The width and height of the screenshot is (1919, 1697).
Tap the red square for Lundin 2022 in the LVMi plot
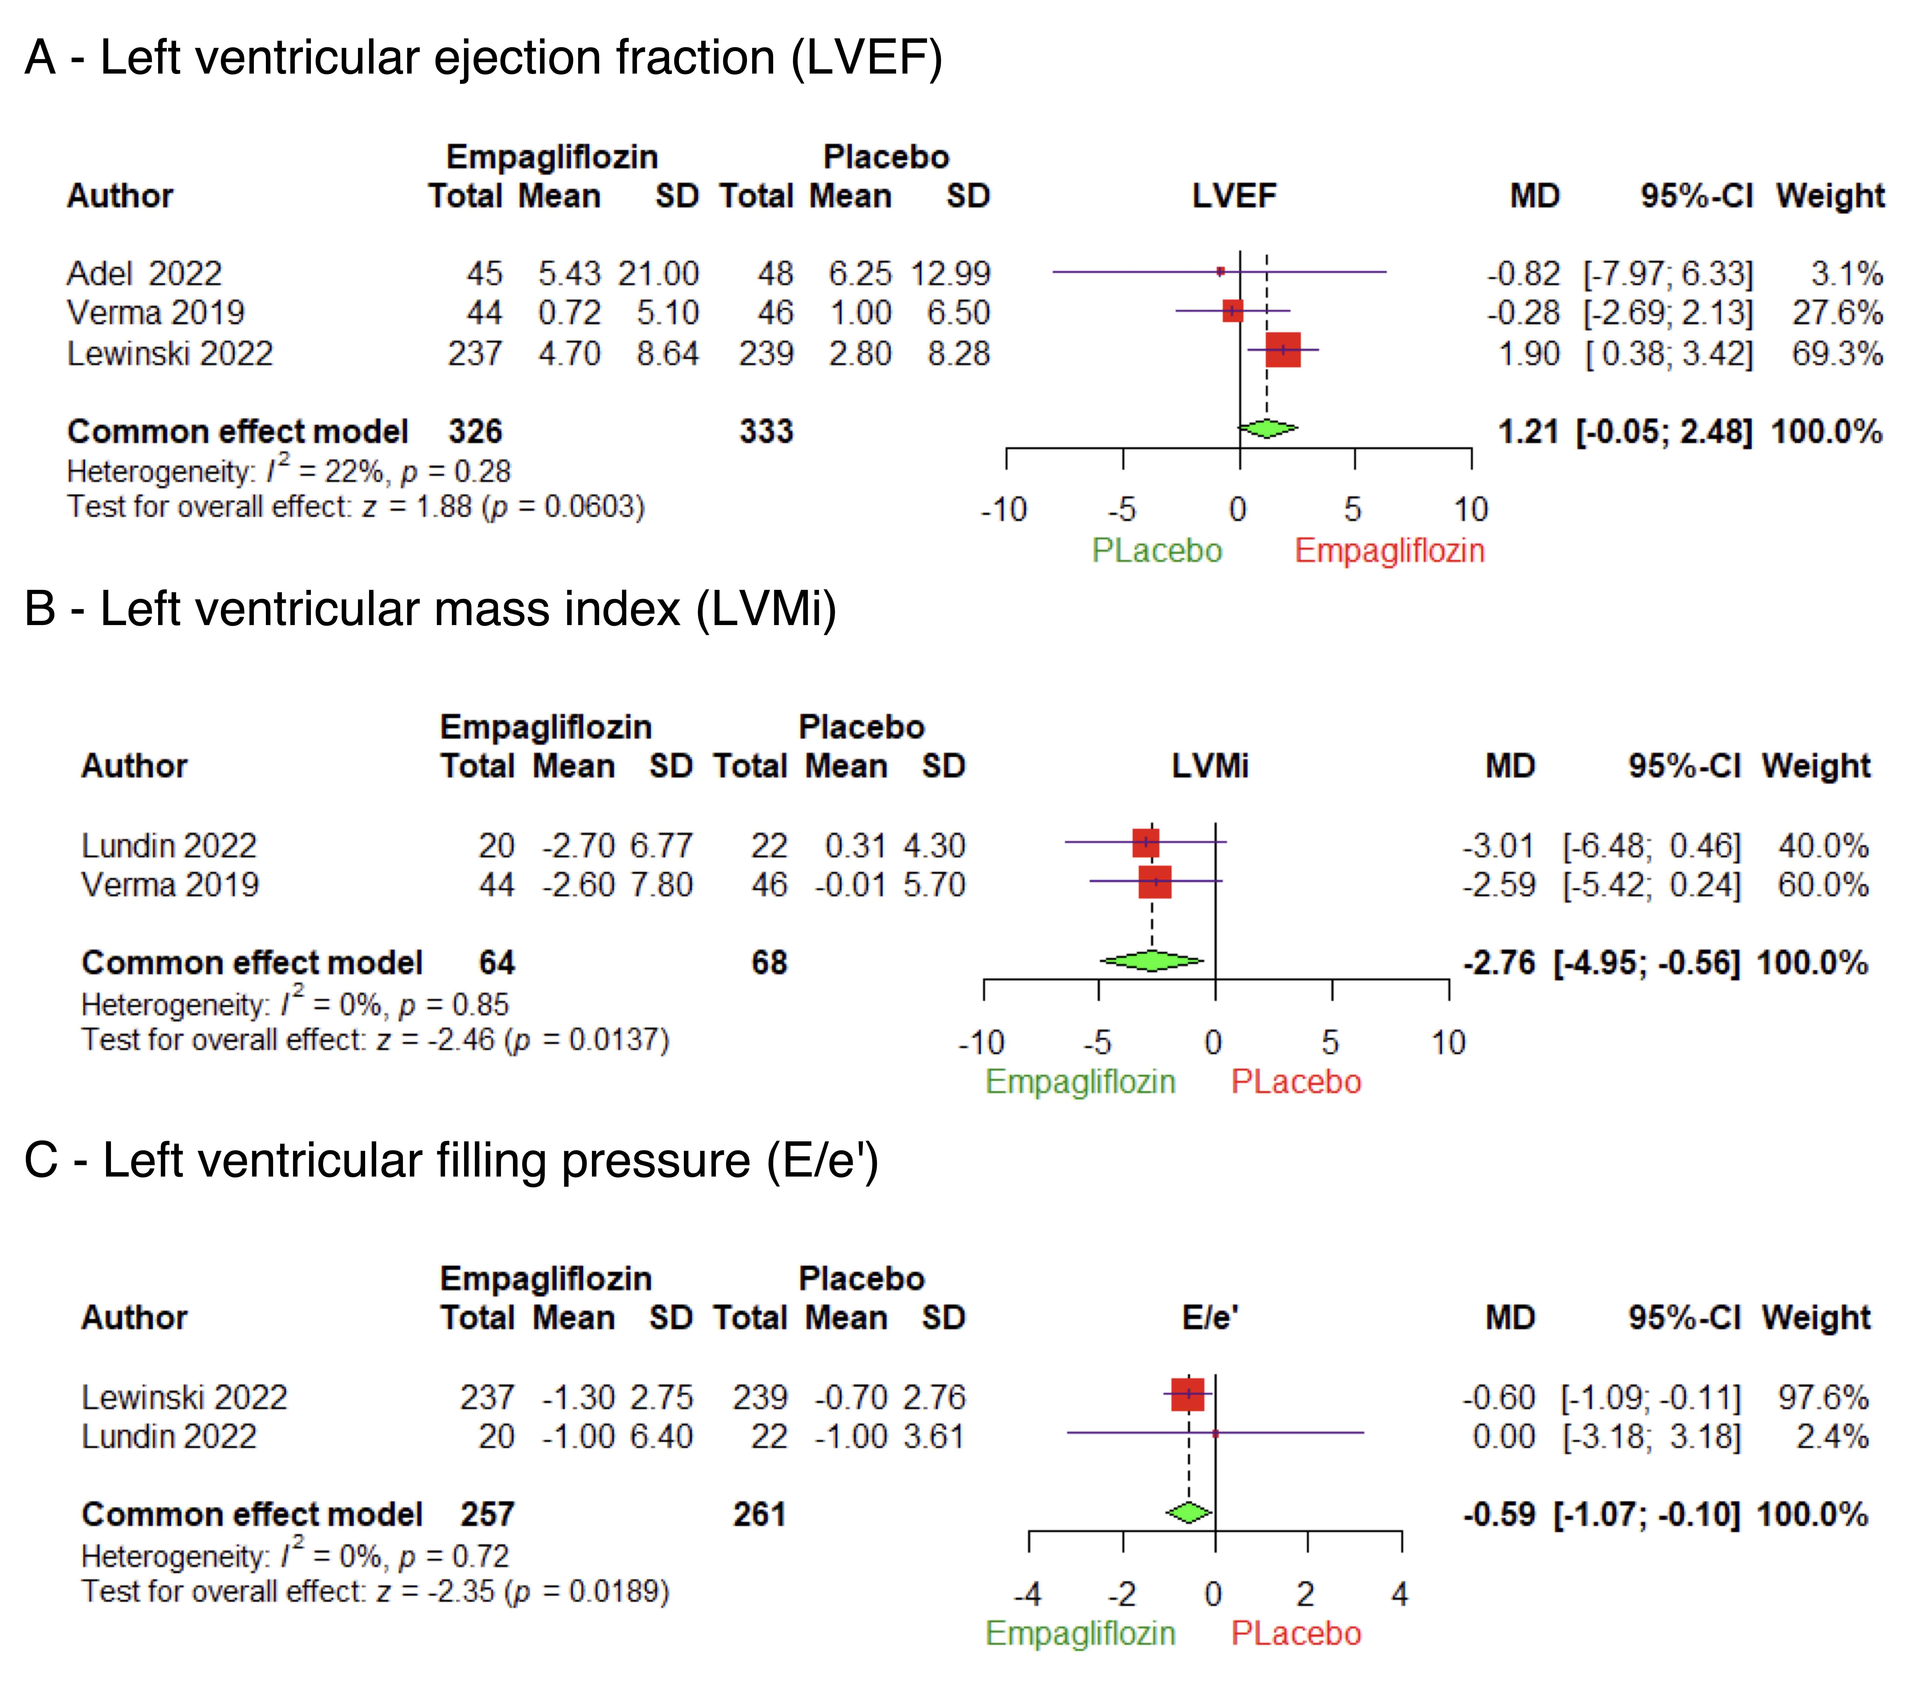click(x=1145, y=842)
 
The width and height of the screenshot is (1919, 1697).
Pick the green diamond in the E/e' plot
click(x=1188, y=1513)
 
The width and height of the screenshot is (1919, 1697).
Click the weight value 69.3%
click(x=1836, y=354)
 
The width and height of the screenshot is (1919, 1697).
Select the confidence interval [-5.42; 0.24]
click(x=1650, y=885)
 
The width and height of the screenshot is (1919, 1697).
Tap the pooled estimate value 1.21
click(x=1528, y=432)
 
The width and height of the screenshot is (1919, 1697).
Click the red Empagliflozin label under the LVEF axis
click(x=1389, y=550)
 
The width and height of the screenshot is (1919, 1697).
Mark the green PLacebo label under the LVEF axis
click(x=1157, y=550)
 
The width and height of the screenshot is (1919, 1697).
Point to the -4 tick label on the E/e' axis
click(x=1028, y=1594)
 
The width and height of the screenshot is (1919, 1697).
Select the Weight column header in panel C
click(x=1816, y=1318)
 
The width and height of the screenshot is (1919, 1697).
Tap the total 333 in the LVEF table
click(x=766, y=432)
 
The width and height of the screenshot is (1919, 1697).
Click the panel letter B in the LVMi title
click(x=40, y=608)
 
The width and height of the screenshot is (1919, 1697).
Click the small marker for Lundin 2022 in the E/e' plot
click(x=1215, y=1433)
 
